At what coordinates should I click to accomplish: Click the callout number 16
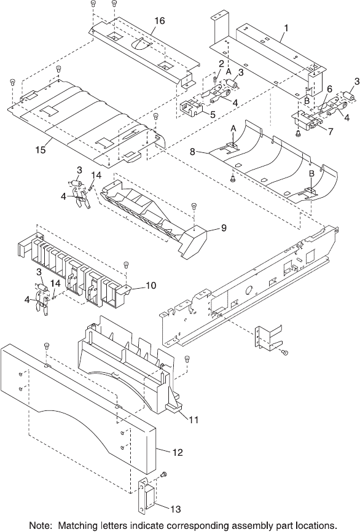(x=160, y=21)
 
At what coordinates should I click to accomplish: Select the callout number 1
(x=286, y=28)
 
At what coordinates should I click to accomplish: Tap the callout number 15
(x=41, y=149)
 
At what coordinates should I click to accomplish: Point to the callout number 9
(x=224, y=228)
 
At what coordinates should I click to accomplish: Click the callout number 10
(x=151, y=285)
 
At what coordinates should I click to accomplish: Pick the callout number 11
(x=193, y=420)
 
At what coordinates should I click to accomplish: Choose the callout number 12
(x=178, y=452)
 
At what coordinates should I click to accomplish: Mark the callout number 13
(x=176, y=509)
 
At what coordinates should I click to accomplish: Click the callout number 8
(x=193, y=152)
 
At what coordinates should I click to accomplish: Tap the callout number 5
(x=213, y=114)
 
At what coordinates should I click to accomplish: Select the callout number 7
(x=331, y=131)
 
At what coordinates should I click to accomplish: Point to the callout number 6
(x=329, y=89)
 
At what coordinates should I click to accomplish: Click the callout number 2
(x=221, y=63)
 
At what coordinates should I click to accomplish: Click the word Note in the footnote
(x=37, y=525)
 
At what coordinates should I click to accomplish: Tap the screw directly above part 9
(x=194, y=205)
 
